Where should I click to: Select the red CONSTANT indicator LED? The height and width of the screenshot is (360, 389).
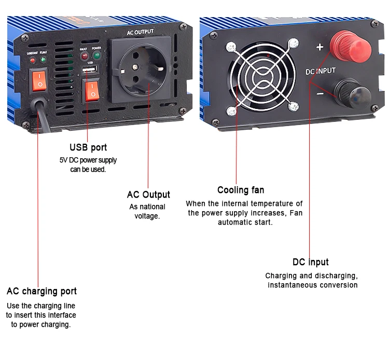pos(32,61)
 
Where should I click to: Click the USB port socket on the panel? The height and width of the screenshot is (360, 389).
pos(89,69)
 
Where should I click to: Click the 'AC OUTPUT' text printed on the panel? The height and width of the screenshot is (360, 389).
pos(141,32)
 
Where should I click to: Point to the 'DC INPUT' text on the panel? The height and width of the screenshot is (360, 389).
pos(320,71)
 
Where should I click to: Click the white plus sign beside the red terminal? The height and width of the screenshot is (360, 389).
pos(319,47)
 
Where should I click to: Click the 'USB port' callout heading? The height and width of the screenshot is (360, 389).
pos(88,147)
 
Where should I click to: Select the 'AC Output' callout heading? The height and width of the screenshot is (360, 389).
pos(148,195)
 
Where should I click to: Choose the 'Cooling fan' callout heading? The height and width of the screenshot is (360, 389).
pos(241,190)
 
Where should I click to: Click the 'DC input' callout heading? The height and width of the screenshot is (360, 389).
pos(310,262)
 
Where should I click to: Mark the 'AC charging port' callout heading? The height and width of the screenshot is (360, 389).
pos(41,290)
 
